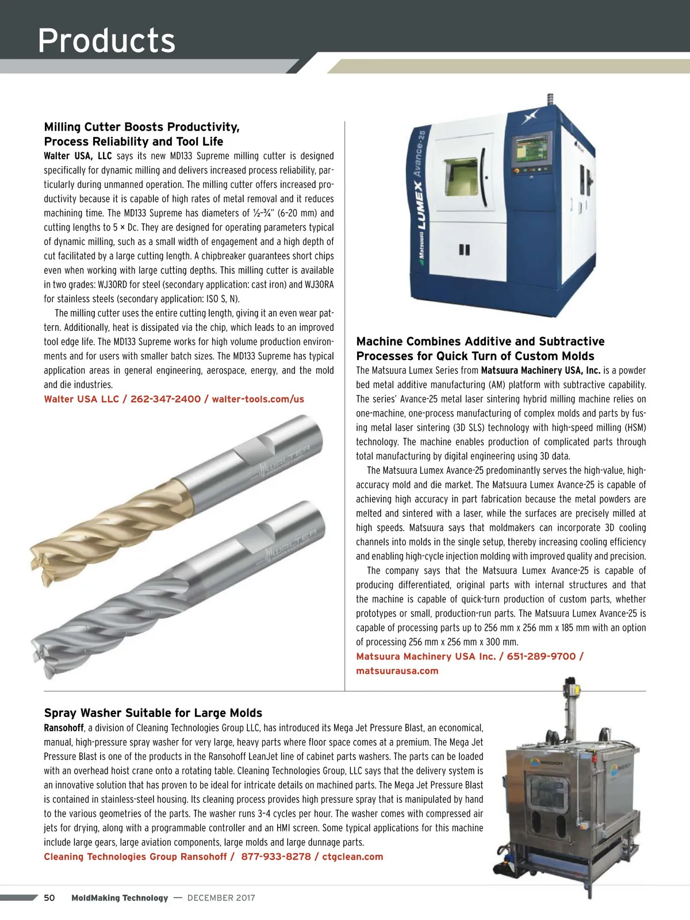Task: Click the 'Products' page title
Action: [x=106, y=40]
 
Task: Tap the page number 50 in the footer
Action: [x=49, y=898]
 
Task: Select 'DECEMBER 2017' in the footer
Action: [x=221, y=898]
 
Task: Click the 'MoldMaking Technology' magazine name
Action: [x=120, y=898]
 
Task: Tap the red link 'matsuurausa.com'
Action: [x=397, y=670]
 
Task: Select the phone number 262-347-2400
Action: [x=166, y=399]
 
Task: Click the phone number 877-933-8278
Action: [x=275, y=857]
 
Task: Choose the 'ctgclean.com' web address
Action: [x=352, y=857]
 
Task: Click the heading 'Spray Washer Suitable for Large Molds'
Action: [x=153, y=713]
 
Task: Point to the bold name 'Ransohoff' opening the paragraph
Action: [x=64, y=728]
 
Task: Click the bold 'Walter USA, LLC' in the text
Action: [x=78, y=156]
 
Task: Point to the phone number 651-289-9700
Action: [x=540, y=656]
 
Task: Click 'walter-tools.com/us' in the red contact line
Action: [x=258, y=399]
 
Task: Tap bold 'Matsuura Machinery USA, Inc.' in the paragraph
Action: [x=540, y=370]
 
